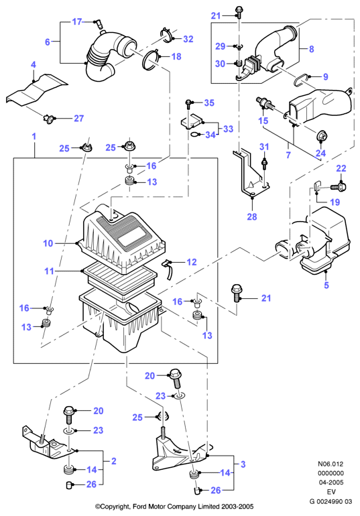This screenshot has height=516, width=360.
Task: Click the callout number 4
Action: (x=34, y=65)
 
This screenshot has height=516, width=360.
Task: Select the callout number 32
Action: (x=188, y=39)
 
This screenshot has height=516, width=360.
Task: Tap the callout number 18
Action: (x=176, y=56)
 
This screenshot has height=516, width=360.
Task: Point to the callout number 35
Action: (x=209, y=103)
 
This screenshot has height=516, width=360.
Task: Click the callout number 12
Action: (x=191, y=262)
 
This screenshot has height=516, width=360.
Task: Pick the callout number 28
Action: (x=252, y=216)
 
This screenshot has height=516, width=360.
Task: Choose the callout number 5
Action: (x=326, y=285)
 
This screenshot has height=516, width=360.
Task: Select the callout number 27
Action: (x=78, y=118)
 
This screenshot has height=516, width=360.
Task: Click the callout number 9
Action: (x=325, y=76)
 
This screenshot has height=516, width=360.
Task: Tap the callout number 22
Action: (x=341, y=168)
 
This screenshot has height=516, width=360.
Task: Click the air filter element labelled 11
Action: (x=119, y=282)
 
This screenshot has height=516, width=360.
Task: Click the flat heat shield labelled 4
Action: (x=37, y=90)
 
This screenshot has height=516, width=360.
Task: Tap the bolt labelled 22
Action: (x=337, y=187)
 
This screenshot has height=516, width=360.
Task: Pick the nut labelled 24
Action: (x=322, y=135)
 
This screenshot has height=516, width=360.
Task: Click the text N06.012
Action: (x=331, y=464)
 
